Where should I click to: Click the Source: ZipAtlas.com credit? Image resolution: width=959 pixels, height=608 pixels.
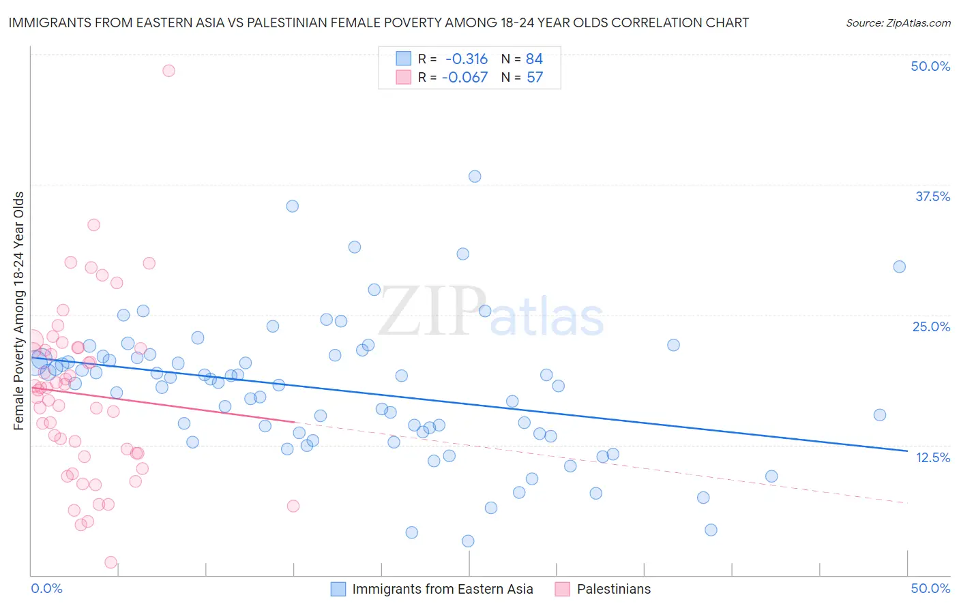(898, 22)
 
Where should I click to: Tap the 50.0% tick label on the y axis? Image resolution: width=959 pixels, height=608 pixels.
(930, 66)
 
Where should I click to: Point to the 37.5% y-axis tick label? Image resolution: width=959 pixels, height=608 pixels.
(932, 196)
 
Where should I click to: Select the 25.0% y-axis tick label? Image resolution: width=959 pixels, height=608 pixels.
(931, 326)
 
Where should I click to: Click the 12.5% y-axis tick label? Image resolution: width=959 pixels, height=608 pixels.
(932, 457)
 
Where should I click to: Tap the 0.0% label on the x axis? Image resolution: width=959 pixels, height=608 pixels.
(47, 588)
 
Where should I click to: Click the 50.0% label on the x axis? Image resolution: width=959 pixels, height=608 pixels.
(930, 588)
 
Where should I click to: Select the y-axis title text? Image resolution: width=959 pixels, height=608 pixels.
(19, 311)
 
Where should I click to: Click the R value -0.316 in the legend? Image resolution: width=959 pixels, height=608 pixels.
(467, 59)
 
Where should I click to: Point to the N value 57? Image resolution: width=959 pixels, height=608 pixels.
(535, 77)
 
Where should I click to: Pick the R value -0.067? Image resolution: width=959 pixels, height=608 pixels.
(465, 77)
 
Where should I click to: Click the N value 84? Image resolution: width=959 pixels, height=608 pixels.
(535, 59)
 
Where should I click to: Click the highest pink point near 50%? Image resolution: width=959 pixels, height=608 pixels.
(168, 70)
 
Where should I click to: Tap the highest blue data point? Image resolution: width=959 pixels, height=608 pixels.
(475, 177)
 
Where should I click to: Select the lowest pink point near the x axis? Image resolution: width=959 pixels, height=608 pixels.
(110, 562)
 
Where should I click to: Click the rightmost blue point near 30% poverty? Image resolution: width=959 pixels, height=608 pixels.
(900, 267)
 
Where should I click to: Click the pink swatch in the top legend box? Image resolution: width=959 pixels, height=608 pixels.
(404, 77)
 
